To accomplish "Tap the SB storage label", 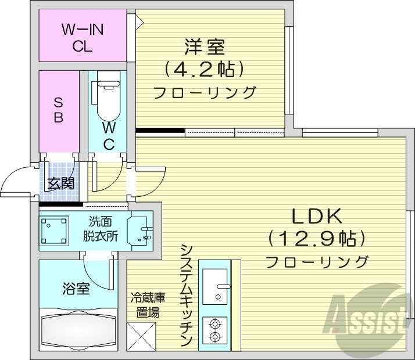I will (59, 109).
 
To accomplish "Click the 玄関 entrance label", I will (60, 185).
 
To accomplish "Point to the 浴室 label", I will (76, 288).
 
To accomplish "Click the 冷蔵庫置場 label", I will (148, 305).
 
